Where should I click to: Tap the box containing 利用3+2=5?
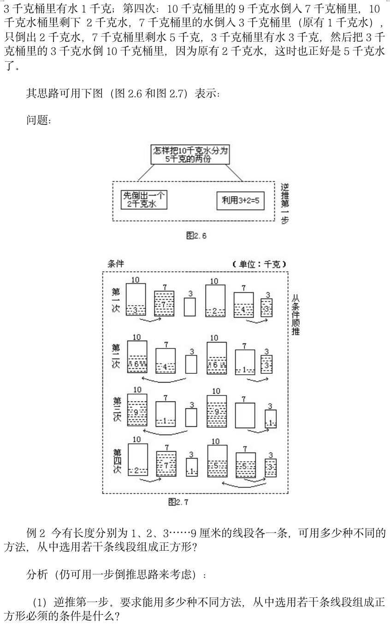point(240,200)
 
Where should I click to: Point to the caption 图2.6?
point(196,236)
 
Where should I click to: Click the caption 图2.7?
point(178,502)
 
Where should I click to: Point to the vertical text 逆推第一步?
point(284,203)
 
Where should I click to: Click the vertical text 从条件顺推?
point(295,316)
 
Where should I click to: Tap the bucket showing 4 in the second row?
point(165,361)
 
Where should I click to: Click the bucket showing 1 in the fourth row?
point(192,467)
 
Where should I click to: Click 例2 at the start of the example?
point(36,534)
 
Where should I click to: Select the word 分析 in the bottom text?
point(37,575)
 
